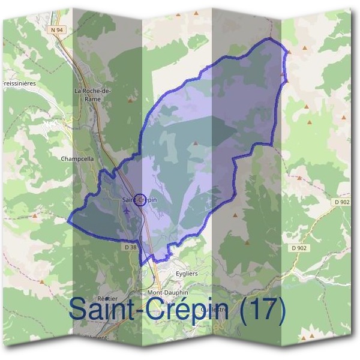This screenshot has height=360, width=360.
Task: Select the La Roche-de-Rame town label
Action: pyautogui.click(x=92, y=95)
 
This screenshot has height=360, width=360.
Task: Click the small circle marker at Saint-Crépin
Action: pyautogui.click(x=139, y=200)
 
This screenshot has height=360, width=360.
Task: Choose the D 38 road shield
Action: pyautogui.click(x=130, y=247)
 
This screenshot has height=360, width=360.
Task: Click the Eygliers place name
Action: pyautogui.click(x=187, y=273)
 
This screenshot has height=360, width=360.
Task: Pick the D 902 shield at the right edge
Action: pyautogui.click(x=343, y=203)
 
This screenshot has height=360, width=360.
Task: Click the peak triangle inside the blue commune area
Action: pyautogui.click(x=196, y=143)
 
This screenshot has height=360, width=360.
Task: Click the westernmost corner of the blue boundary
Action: pyautogui.click(x=67, y=220)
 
